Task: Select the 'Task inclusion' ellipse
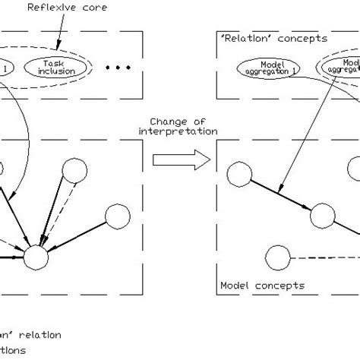pos(55,68)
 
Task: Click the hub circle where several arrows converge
pos(36,258)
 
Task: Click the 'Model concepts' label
pos(262,286)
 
